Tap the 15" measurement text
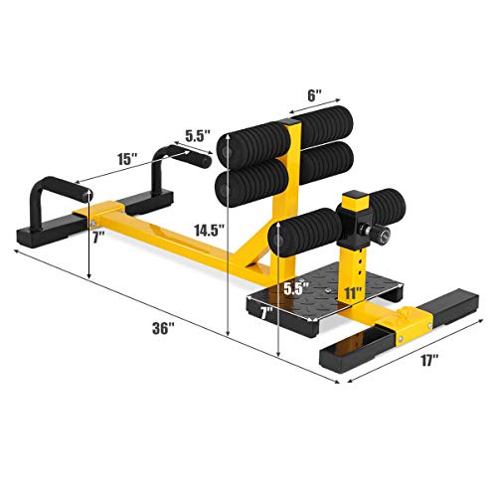pos(125,158)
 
